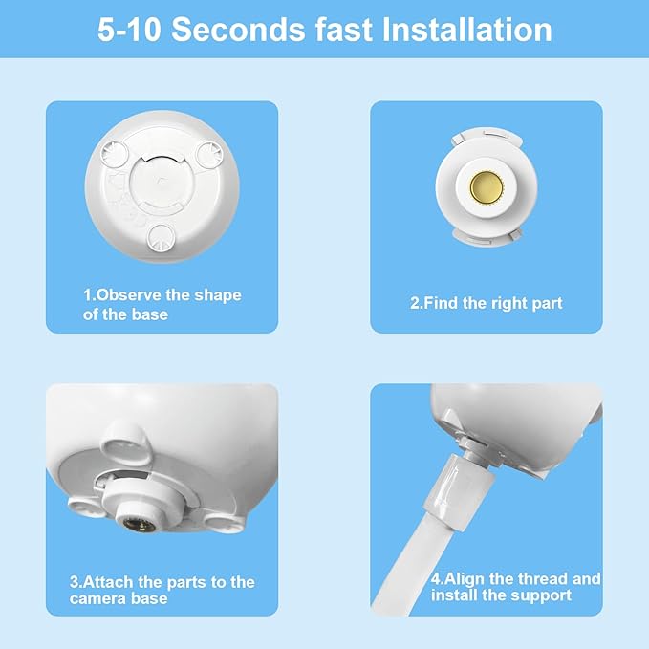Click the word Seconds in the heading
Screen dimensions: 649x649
239,30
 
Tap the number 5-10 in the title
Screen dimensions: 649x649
130,30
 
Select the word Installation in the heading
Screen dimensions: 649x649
467,30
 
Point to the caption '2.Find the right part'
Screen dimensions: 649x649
487,303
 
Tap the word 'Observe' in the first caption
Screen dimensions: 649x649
131,295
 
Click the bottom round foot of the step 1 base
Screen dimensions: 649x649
162,236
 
